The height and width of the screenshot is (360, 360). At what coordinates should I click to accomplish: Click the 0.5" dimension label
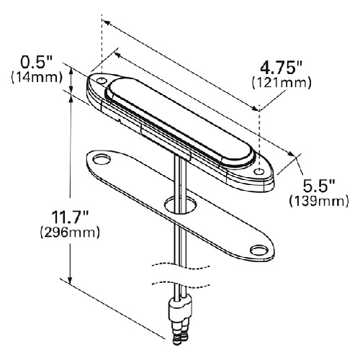click(36, 63)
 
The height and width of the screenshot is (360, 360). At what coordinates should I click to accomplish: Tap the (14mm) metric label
click(37, 78)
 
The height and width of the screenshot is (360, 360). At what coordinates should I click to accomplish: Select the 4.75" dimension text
click(281, 68)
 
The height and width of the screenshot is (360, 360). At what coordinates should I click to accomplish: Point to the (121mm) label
click(282, 83)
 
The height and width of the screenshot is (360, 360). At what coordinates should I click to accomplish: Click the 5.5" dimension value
click(318, 186)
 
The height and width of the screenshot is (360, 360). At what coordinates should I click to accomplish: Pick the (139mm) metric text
click(319, 201)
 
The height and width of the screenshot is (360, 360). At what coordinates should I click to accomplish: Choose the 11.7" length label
click(71, 217)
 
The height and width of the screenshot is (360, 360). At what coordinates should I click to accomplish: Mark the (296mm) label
click(70, 233)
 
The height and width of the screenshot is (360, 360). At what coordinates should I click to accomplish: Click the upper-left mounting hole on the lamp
click(102, 81)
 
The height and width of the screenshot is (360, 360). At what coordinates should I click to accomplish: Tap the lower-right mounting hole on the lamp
click(259, 172)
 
